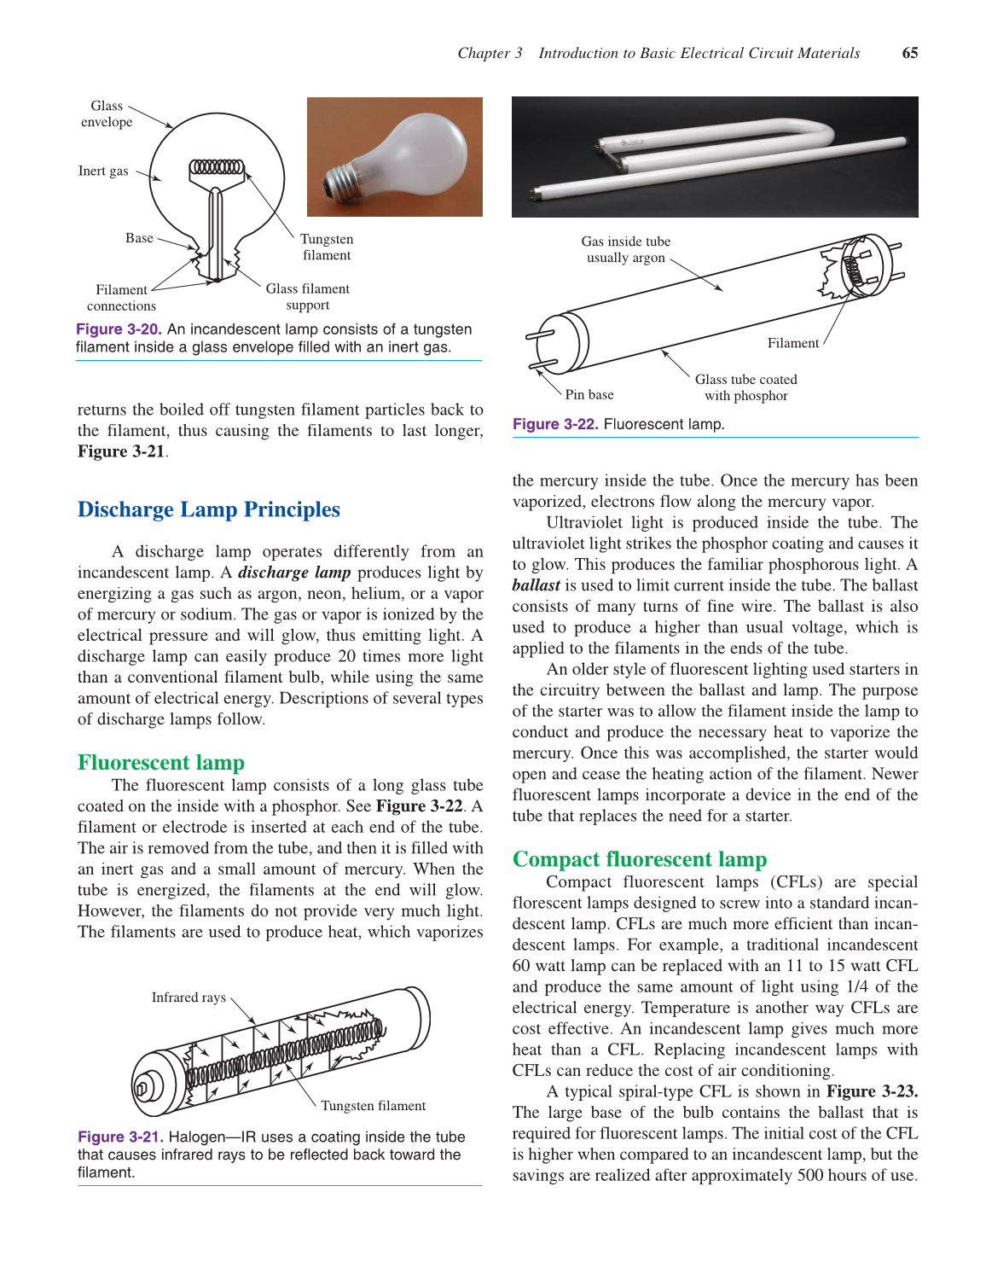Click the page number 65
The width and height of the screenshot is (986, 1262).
[909, 53]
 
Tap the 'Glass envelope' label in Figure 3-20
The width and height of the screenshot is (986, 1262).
[107, 113]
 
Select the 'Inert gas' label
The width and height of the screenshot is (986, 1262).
[103, 171]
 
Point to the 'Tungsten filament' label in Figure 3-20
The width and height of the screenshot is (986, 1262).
[326, 247]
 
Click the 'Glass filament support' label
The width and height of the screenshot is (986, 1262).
[307, 296]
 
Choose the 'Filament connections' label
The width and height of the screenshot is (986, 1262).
[121, 298]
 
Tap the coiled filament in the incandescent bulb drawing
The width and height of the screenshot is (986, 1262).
[216, 166]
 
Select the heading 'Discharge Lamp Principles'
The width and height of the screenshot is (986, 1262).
[208, 509]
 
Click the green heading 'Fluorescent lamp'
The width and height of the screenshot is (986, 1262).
[160, 762]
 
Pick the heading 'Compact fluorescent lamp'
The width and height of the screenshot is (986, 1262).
[639, 858]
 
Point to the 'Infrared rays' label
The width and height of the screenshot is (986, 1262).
[188, 997]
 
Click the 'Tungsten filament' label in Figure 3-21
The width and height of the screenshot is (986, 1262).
[373, 1105]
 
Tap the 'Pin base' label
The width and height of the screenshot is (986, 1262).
[589, 394]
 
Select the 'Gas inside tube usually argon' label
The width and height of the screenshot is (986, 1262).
[625, 249]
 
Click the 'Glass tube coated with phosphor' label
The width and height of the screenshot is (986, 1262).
[745, 387]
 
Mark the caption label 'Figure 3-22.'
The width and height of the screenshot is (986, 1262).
[554, 424]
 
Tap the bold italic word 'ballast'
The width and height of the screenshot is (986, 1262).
[536, 585]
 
